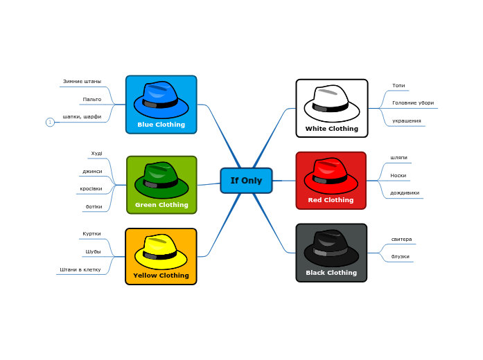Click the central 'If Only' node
click(246, 181)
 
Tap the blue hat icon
click(161, 100)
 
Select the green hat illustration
click(161, 180)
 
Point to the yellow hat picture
click(161, 251)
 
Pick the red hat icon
click(331, 176)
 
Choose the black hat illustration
click(331, 248)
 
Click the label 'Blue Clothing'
click(161, 125)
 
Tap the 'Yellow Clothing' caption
click(161, 276)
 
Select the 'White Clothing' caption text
click(332, 129)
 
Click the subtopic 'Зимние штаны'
click(82, 82)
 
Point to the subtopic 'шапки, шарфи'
click(82, 116)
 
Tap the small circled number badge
click(50, 123)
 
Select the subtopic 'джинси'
click(92, 171)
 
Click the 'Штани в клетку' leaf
click(80, 269)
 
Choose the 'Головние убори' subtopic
click(413, 103)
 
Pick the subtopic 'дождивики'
click(405, 193)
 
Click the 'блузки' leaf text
click(401, 257)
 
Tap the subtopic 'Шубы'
click(93, 251)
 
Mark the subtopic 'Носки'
click(398, 176)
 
